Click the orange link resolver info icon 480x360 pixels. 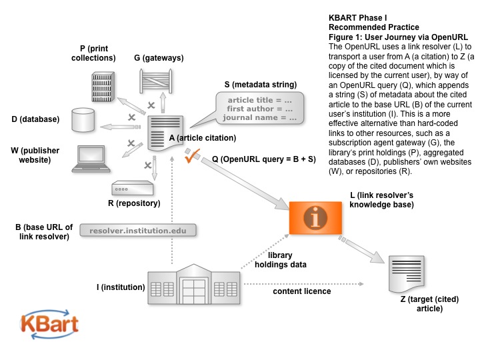(310, 217)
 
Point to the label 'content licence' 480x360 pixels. (301, 291)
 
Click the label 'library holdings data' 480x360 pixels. (287, 260)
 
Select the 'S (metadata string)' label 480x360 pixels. (261, 85)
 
